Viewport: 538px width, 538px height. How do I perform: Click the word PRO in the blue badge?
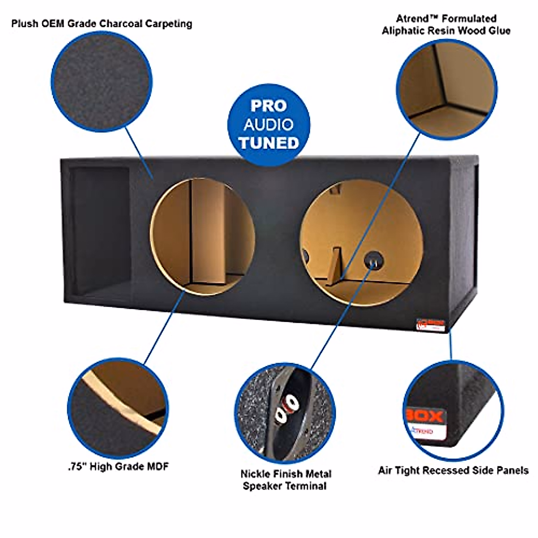268,106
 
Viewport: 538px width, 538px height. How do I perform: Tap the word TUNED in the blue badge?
268,143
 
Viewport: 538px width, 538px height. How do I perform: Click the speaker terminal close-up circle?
285,413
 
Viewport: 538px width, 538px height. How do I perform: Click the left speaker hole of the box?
202,237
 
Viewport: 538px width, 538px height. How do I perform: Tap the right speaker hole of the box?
361,243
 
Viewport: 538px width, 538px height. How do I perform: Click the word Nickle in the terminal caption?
255,474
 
